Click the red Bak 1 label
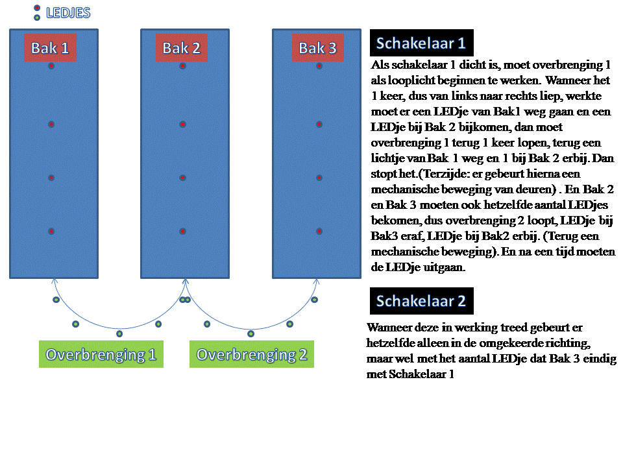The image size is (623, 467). pyautogui.click(x=51, y=48)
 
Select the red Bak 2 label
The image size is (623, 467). pyautogui.click(x=181, y=48)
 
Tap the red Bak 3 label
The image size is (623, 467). pyautogui.click(x=317, y=48)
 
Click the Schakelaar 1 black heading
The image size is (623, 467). pyautogui.click(x=421, y=43)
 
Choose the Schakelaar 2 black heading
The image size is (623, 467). pyautogui.click(x=421, y=301)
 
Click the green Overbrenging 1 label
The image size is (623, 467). pyautogui.click(x=101, y=355)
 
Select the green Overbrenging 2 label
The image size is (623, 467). pyautogui.click(x=252, y=355)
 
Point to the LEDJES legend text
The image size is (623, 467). pyautogui.click(x=68, y=12)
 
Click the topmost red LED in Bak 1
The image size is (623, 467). pyautogui.click(x=51, y=66)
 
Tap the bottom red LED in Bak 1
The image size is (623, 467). pyautogui.click(x=51, y=232)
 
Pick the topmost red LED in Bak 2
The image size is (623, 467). pyautogui.click(x=183, y=66)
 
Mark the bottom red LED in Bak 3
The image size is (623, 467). pyautogui.click(x=319, y=232)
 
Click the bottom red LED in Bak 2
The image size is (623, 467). pyautogui.click(x=183, y=232)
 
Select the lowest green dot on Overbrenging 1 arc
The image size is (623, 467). pyautogui.click(x=119, y=334)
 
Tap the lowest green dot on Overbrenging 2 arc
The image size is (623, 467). pyautogui.click(x=251, y=334)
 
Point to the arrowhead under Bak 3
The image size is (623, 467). pyautogui.click(x=317, y=281)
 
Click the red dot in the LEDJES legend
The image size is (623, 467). pyautogui.click(x=37, y=8)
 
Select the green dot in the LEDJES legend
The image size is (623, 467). pyautogui.click(x=37, y=18)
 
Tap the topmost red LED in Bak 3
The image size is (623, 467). pyautogui.click(x=319, y=66)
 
